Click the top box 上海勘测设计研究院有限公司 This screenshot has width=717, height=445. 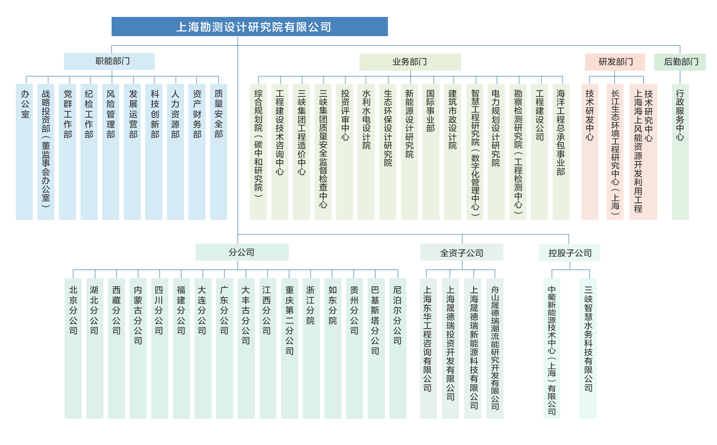coord(249,27)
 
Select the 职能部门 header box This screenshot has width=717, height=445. coord(109,61)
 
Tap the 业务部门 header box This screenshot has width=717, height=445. coord(410,62)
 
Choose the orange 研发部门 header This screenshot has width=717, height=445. coord(615,62)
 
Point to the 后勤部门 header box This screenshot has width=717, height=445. coord(680,62)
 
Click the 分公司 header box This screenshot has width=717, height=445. coord(242,252)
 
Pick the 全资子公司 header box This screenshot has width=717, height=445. coord(461,252)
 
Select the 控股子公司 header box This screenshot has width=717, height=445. coord(569,253)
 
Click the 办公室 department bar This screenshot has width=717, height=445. coord(24,152)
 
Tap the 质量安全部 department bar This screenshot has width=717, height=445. coord(219,152)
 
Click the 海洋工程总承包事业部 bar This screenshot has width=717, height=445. coord(561,152)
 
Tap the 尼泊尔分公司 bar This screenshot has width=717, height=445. coord(398,348)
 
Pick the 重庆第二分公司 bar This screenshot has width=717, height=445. coord(289,348)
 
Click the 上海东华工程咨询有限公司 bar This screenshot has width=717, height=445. coord(428,348)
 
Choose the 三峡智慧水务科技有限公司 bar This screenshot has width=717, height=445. coord(588,348)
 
